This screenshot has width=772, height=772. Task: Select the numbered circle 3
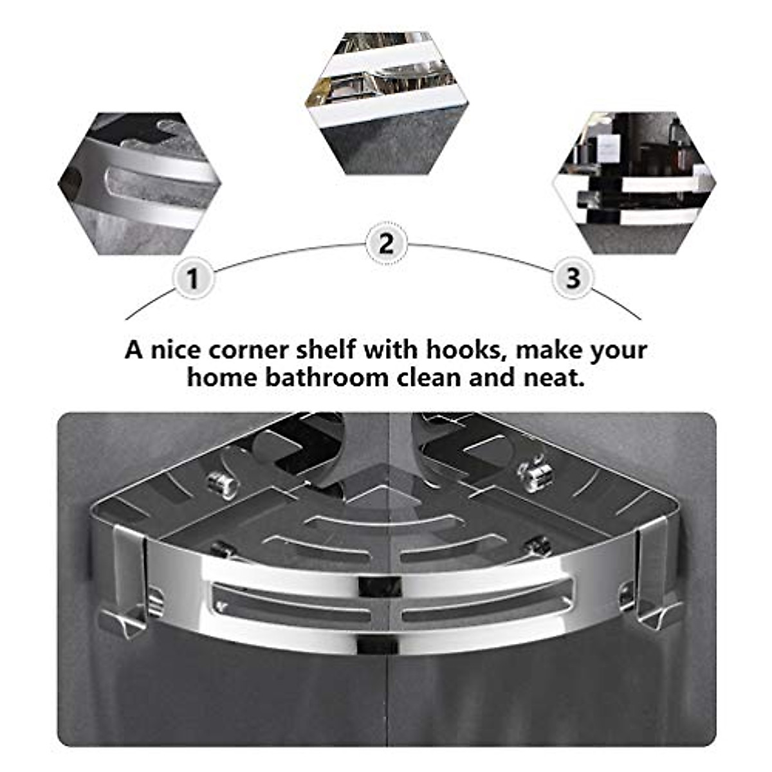click(573, 279)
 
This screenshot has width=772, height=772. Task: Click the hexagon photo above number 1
click(140, 183)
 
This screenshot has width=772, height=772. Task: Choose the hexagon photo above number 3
click(634, 183)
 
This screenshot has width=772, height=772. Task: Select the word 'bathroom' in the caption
click(329, 378)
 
